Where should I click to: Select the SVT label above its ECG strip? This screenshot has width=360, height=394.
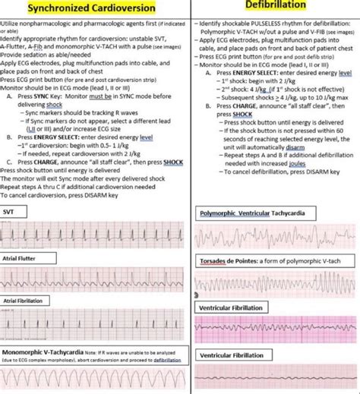click(x=9, y=212)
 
